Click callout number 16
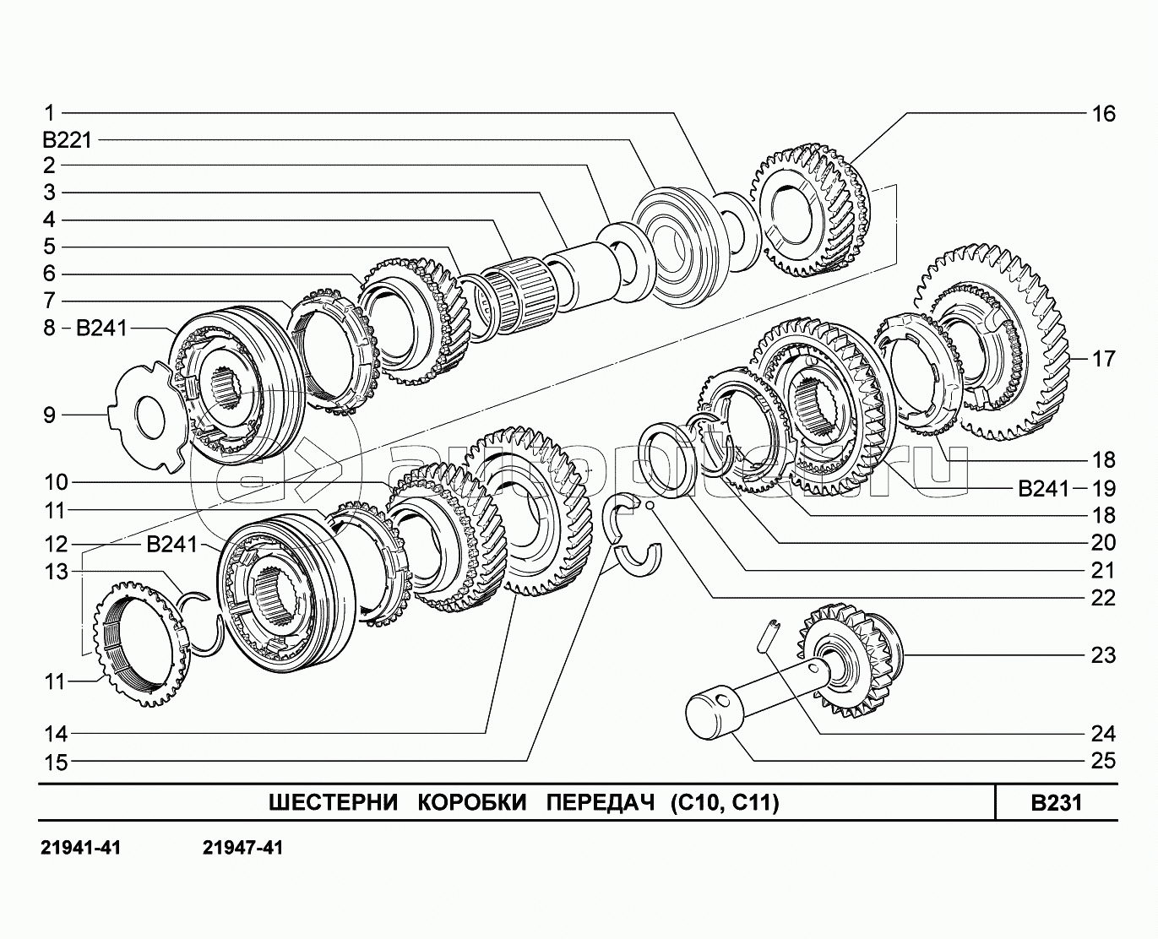tap(1103, 113)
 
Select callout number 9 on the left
tap(49, 415)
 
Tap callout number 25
tap(1103, 761)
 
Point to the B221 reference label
tap(67, 138)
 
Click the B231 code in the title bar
tap(1056, 802)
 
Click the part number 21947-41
tap(243, 847)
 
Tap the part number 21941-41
tap(80, 847)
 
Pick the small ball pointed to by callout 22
tap(649, 505)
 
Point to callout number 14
tap(56, 734)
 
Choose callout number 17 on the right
tap(1103, 359)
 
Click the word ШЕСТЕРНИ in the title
tap(333, 802)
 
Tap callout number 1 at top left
tap(49, 112)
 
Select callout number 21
tap(1103, 570)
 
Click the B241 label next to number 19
tap(1043, 488)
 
